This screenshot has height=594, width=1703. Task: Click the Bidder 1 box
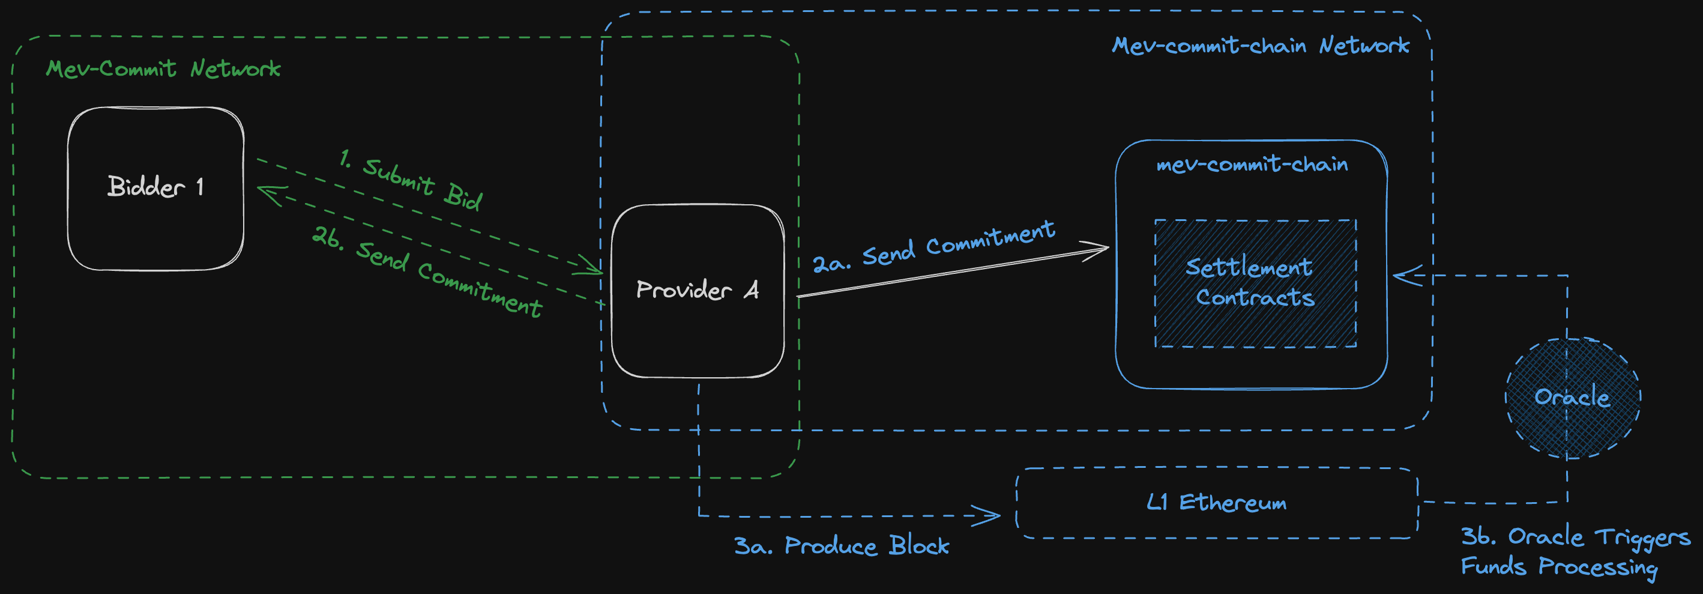(155, 189)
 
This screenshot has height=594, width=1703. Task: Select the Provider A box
(698, 291)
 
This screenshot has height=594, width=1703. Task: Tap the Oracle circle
(1572, 398)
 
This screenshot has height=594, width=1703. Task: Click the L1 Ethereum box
(1216, 503)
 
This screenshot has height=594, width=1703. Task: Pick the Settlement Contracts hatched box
(1255, 283)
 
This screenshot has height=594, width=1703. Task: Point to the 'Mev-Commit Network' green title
(163, 69)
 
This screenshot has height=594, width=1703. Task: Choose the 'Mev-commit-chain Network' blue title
(1260, 46)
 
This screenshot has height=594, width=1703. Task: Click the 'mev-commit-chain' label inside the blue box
(1252, 164)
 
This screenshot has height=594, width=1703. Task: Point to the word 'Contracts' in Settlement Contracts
(1255, 298)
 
